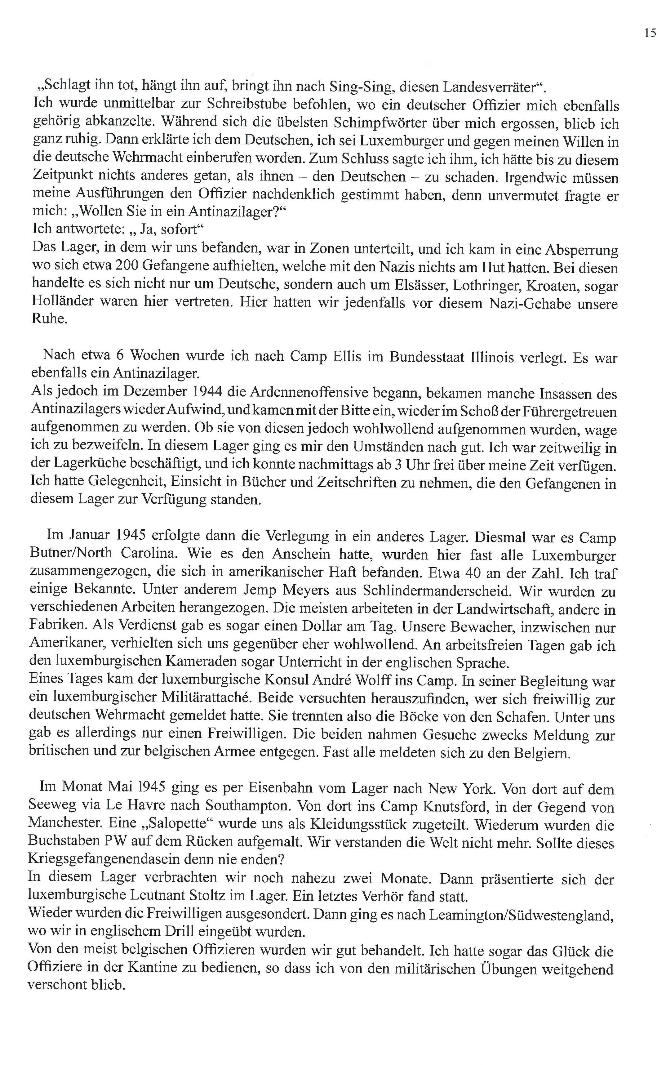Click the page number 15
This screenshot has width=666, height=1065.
pyautogui.click(x=650, y=33)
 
